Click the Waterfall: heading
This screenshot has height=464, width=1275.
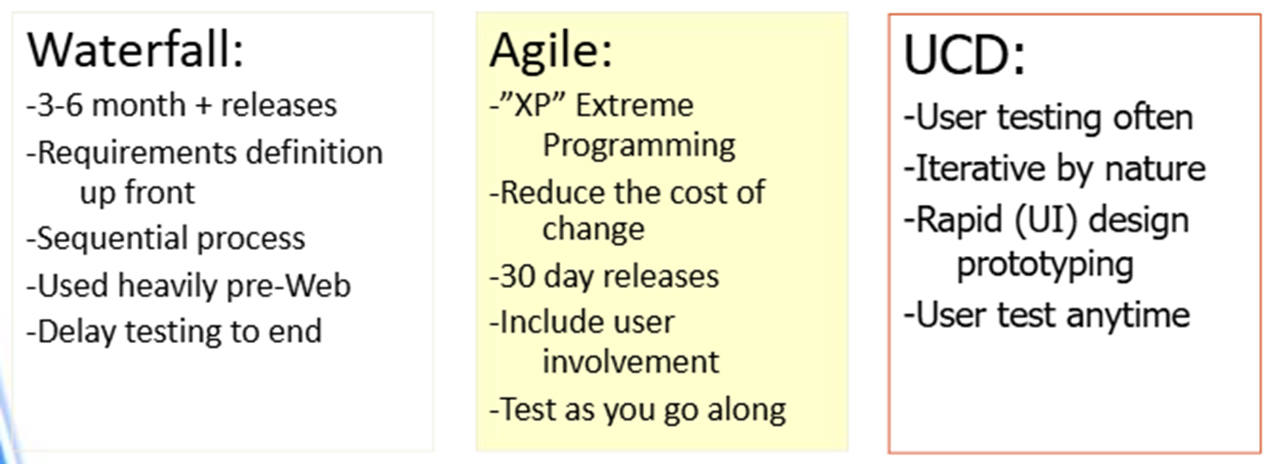pyautogui.click(x=136, y=51)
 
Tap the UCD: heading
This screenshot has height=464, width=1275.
pyautogui.click(x=964, y=55)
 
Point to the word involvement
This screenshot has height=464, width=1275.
pyautogui.click(x=630, y=362)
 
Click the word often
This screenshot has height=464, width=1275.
pyautogui.click(x=1153, y=118)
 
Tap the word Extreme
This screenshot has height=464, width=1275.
pyautogui.click(x=634, y=105)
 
